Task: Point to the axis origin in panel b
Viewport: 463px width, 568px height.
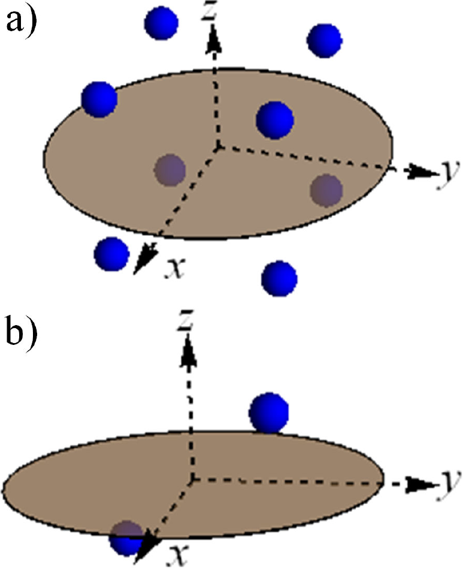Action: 192,478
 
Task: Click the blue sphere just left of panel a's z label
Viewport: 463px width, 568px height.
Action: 161,23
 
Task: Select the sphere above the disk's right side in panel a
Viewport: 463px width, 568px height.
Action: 324,40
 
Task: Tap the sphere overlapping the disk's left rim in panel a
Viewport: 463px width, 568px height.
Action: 99,99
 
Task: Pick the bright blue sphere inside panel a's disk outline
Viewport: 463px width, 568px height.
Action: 275,119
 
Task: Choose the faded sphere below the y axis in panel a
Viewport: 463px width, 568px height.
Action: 326,190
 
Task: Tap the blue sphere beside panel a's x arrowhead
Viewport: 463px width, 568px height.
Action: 111,254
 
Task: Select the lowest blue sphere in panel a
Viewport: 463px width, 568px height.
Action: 280,278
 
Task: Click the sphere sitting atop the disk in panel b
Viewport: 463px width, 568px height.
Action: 269,413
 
